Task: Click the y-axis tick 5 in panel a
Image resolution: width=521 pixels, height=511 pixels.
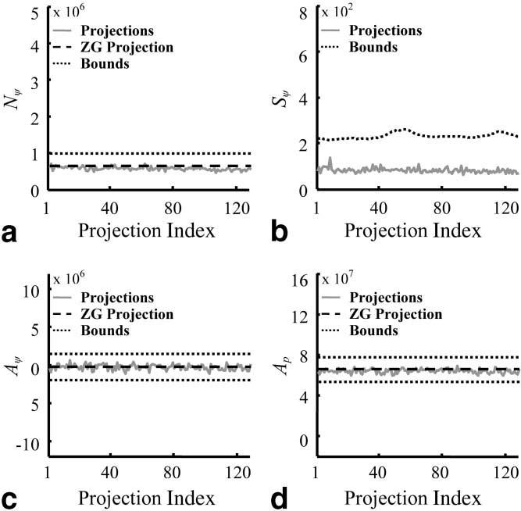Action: [36, 13]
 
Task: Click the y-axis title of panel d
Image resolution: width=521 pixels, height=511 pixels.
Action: [287, 368]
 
